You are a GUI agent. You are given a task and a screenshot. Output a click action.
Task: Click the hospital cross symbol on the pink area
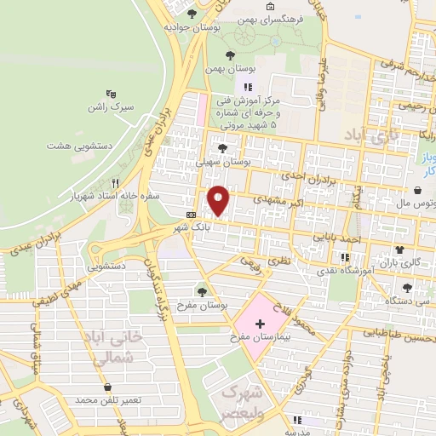click(x=260, y=325)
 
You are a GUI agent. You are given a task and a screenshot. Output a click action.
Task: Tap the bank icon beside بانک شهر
click(x=191, y=215)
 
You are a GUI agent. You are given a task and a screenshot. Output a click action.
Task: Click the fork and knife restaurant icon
click(x=115, y=182)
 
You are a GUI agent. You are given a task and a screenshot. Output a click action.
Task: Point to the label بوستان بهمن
click(x=226, y=70)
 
